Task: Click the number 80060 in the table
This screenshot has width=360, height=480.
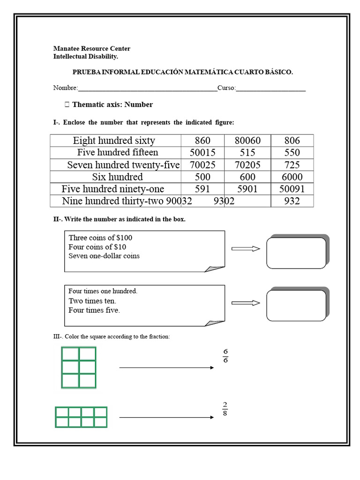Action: point(247,141)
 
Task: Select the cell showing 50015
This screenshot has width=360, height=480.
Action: point(202,153)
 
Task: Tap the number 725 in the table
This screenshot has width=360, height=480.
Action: point(292,165)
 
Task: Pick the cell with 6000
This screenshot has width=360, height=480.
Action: point(292,177)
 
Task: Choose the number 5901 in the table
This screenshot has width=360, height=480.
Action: point(247,189)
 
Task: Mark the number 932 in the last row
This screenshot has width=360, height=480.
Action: point(292,201)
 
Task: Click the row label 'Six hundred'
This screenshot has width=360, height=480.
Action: point(117,177)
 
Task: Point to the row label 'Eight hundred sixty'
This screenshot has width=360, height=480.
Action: point(114,141)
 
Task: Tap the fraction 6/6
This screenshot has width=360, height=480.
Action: point(225,356)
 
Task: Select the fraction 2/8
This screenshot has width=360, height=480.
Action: point(225,409)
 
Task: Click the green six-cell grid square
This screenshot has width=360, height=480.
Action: point(78,367)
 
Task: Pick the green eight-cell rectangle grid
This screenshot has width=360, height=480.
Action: point(81,417)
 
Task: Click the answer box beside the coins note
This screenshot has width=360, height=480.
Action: point(296,253)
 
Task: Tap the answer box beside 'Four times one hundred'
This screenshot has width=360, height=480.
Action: point(296,305)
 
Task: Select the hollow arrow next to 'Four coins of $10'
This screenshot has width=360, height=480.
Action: point(246,249)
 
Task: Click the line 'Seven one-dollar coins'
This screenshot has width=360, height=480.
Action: point(104,256)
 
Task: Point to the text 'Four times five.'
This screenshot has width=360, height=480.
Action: point(94,310)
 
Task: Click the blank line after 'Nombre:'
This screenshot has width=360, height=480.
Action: point(147,88)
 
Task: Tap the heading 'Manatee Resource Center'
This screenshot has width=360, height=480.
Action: point(92,49)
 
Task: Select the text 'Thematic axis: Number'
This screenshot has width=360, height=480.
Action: point(112,105)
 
